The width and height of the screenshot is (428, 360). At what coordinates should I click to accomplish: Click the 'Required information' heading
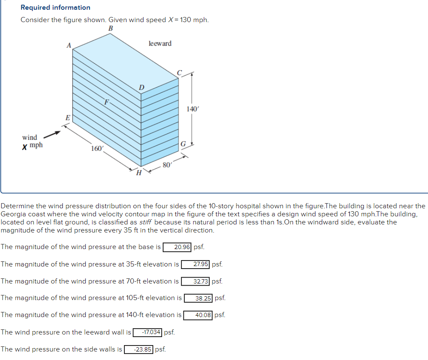point(55,8)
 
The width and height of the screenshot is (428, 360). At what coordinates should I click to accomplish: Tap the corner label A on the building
point(68,45)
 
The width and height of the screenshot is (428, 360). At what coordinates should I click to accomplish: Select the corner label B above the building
point(111,28)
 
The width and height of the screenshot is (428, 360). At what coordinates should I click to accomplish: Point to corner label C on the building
point(179,73)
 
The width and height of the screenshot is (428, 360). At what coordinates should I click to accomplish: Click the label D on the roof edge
point(141,88)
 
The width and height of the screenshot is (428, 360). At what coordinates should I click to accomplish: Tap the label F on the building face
point(107,102)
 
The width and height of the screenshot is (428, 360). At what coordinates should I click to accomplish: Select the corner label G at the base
point(183,144)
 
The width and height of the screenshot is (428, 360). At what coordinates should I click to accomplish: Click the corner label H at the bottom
point(138,172)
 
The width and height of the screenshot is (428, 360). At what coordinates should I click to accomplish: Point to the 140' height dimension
point(192,109)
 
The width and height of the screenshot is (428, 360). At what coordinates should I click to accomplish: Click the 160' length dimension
point(97,148)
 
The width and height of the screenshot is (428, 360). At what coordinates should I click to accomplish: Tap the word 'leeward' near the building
point(160,43)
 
